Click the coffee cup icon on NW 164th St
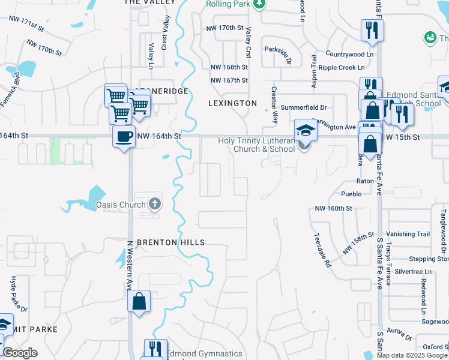[x=124, y=137]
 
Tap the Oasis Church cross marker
[x=155, y=203]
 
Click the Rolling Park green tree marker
[x=259, y=5]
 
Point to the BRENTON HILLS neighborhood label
[x=171, y=242]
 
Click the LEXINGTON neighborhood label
[x=232, y=103]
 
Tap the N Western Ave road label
[x=128, y=265]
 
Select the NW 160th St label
[x=333, y=208]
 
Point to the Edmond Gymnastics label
[x=204, y=354]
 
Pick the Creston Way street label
[x=274, y=96]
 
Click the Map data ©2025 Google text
[x=411, y=355]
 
